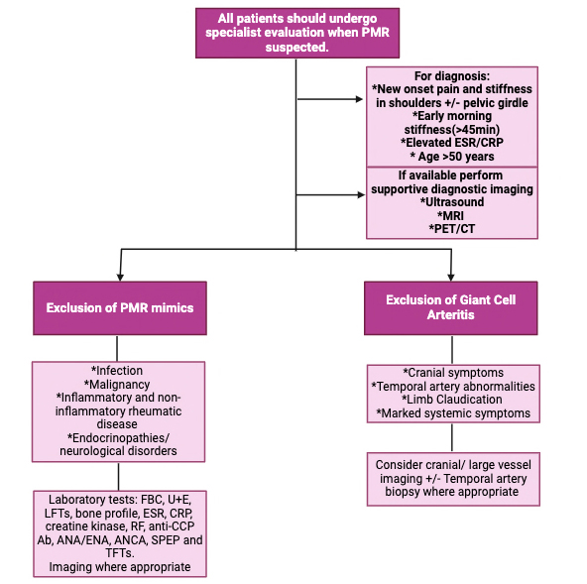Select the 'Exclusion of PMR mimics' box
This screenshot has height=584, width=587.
119,307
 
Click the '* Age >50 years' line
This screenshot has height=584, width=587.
451,157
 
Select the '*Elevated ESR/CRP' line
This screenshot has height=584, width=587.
451,143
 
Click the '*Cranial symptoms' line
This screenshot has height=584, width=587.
452,373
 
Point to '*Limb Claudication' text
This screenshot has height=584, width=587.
452,400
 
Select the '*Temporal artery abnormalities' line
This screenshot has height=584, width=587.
452,386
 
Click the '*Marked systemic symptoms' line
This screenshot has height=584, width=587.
452,413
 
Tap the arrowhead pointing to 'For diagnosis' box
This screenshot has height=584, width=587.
360,99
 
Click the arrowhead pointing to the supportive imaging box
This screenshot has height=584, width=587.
360,194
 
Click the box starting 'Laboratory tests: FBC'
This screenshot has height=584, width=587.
119,533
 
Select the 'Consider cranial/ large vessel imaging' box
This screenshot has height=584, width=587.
452,479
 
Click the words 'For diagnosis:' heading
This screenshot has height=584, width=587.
451,75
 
